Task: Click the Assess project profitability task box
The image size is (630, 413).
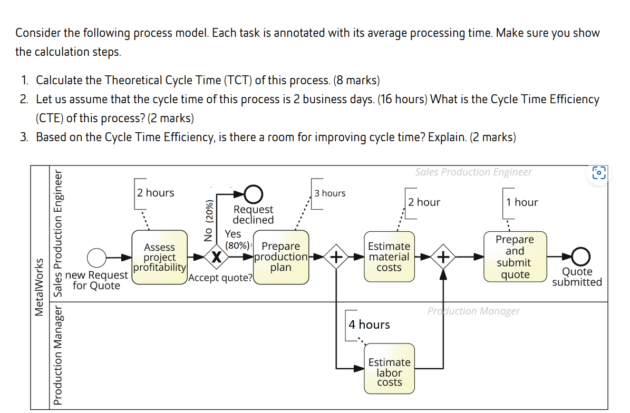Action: pos(159,257)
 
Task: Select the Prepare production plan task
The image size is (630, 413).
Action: pos(281,257)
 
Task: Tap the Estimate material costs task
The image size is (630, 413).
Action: pos(389,257)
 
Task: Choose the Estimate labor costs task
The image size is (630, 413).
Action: pos(389,372)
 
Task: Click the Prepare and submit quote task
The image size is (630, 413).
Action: pos(515,257)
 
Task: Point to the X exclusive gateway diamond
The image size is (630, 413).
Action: pos(215,257)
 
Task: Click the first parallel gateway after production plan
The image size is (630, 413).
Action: pos(336,257)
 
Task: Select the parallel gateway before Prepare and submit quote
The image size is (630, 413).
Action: pos(444,257)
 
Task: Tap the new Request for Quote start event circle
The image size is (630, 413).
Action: pos(96,258)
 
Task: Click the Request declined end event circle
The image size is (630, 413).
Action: pos(254,194)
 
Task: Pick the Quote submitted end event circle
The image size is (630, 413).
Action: pos(580,257)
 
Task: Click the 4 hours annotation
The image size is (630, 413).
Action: pos(369,324)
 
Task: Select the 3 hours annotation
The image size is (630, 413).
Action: pos(330,193)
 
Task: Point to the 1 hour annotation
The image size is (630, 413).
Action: pos(522,202)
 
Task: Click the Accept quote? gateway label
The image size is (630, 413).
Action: pos(221,278)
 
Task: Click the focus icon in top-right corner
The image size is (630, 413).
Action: pos(599,173)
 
